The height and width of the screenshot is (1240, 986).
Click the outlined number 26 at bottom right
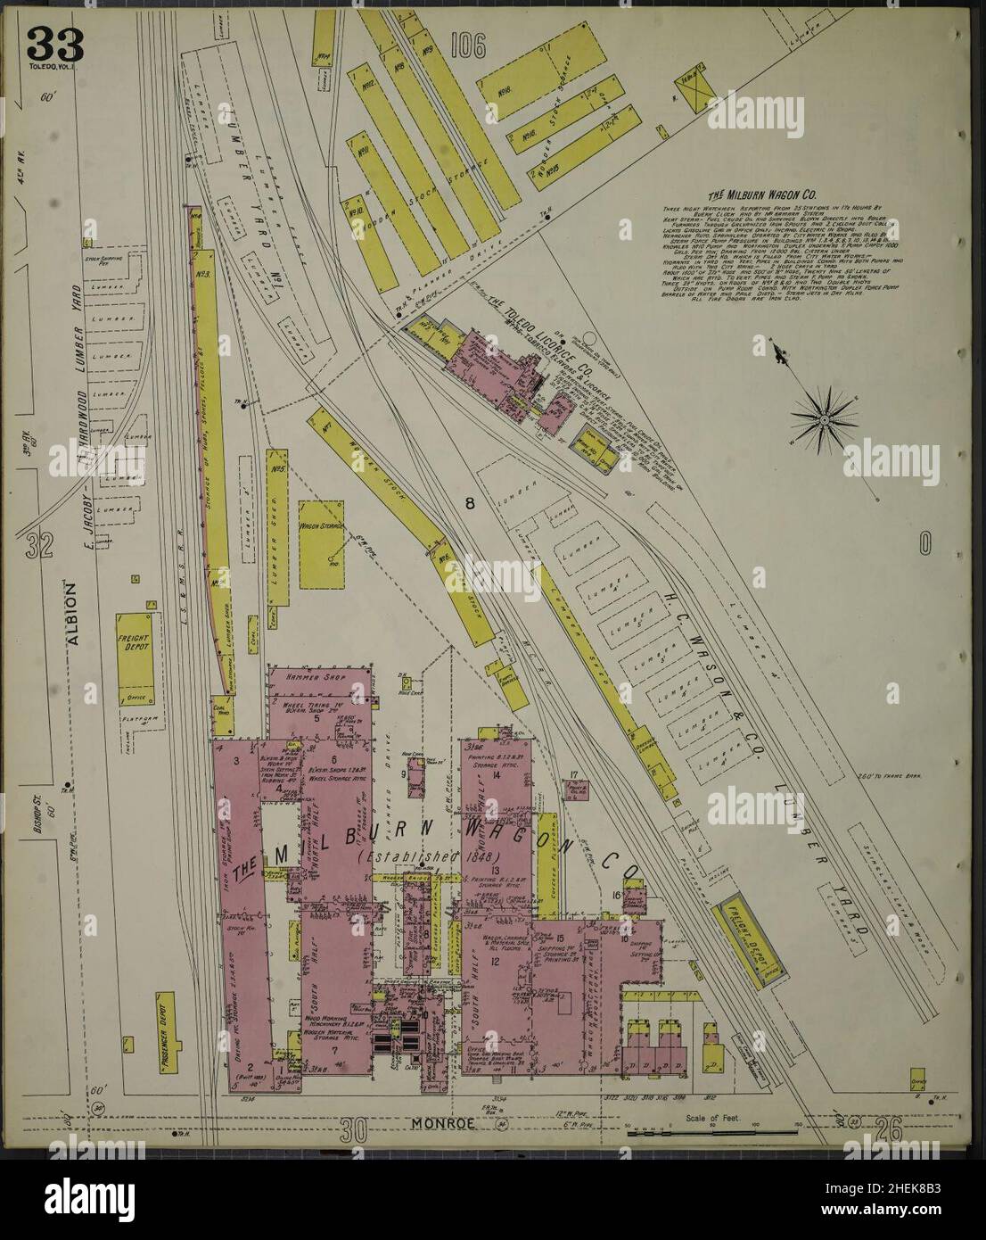(x=888, y=1131)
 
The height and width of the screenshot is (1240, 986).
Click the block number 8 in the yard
(x=469, y=505)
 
